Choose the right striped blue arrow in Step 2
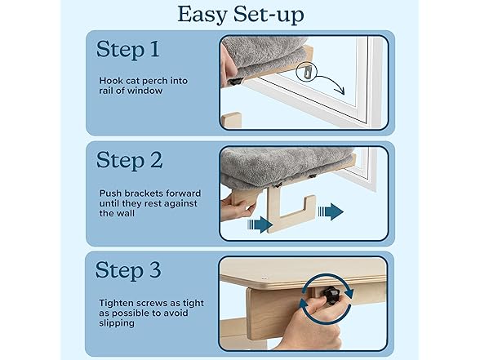331,211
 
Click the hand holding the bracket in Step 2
233,210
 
